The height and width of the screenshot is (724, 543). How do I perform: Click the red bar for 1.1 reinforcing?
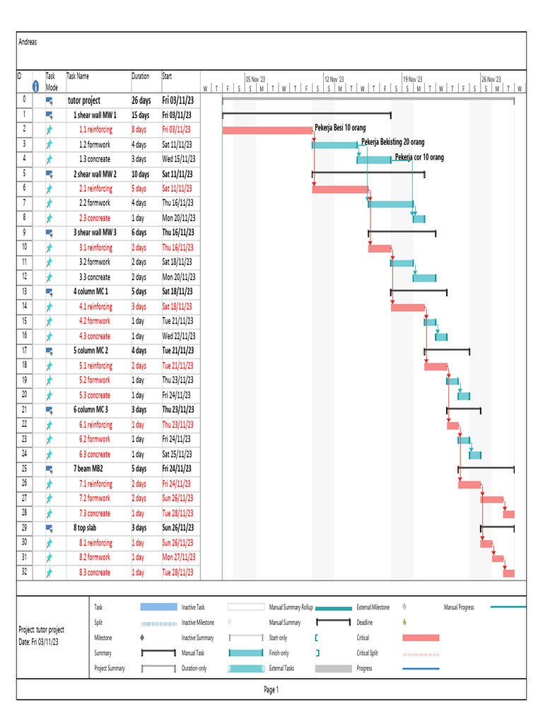267,130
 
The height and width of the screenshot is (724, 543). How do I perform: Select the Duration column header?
140,76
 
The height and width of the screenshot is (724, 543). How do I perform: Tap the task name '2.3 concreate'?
95,218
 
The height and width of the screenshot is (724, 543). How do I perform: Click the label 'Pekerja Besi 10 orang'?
340,129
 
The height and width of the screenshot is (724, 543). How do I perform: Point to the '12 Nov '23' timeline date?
334,80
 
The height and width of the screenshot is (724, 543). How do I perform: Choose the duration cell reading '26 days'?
141,100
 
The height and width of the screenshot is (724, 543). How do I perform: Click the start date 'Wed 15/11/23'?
179,159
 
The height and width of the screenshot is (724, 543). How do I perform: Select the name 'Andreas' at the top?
28,42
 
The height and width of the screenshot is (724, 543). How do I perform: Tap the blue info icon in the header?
35,86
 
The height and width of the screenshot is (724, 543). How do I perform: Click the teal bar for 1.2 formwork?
335,145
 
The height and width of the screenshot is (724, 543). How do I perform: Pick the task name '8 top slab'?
89,528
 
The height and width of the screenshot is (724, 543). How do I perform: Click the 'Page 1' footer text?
271,690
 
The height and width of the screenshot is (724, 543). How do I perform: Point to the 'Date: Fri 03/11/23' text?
38,641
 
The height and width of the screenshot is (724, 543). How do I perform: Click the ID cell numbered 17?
24,351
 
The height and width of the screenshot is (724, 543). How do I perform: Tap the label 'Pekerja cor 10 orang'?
419,158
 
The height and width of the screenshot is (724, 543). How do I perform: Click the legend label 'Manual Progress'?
459,607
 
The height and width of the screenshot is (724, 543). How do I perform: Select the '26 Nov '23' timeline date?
491,80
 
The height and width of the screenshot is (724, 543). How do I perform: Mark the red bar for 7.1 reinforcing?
469,484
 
